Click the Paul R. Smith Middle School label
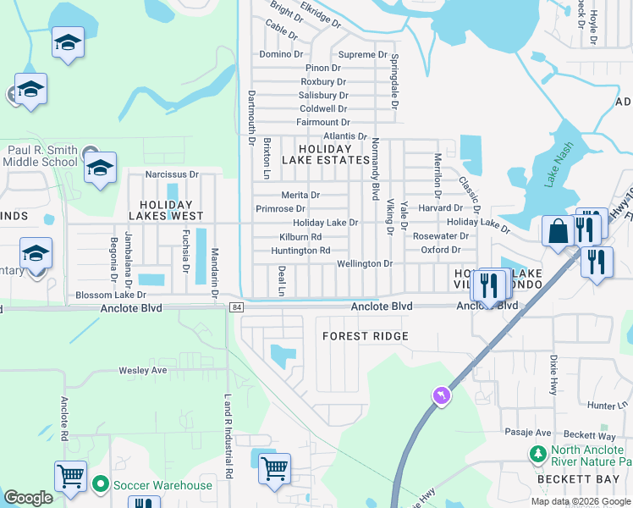(41, 157)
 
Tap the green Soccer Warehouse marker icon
(101, 485)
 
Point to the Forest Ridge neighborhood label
(366, 336)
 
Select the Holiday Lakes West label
(167, 210)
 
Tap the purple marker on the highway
(440, 395)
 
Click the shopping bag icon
(559, 231)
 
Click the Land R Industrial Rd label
(228, 435)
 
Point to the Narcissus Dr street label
(171, 174)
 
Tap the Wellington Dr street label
(365, 264)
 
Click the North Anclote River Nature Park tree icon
(537, 455)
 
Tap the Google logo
(29, 498)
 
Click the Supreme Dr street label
(363, 54)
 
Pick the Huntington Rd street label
(300, 251)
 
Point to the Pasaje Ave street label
(529, 432)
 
